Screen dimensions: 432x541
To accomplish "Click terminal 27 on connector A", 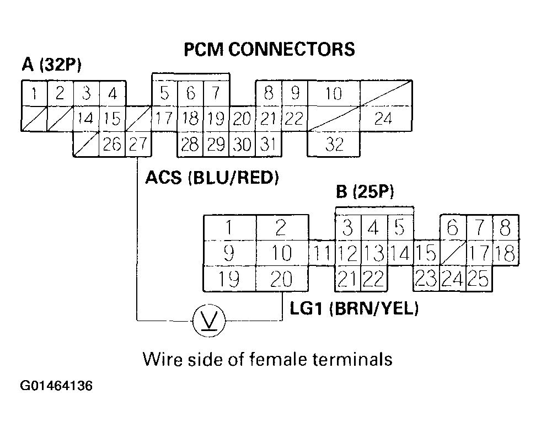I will click(138, 145).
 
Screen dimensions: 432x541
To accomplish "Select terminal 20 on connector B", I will click(281, 280).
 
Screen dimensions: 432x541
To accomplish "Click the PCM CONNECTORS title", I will click(269, 50).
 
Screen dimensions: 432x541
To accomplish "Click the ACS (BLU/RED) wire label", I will click(211, 178).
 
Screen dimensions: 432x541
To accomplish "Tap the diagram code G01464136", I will click(57, 385).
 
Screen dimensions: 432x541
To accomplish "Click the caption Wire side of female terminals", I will click(267, 359).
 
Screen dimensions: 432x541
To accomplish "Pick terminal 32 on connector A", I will click(334, 145).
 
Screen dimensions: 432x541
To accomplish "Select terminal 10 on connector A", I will click(334, 93).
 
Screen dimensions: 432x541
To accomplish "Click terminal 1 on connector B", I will click(229, 227).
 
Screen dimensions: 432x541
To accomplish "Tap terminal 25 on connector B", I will click(480, 280).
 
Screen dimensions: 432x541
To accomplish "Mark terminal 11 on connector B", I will click(322, 254).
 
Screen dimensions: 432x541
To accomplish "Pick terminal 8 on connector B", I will click(506, 227).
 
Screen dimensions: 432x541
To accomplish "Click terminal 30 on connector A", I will click(241, 145).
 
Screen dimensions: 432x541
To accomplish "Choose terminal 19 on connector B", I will click(229, 280).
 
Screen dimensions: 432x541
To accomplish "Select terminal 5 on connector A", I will click(164, 93).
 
